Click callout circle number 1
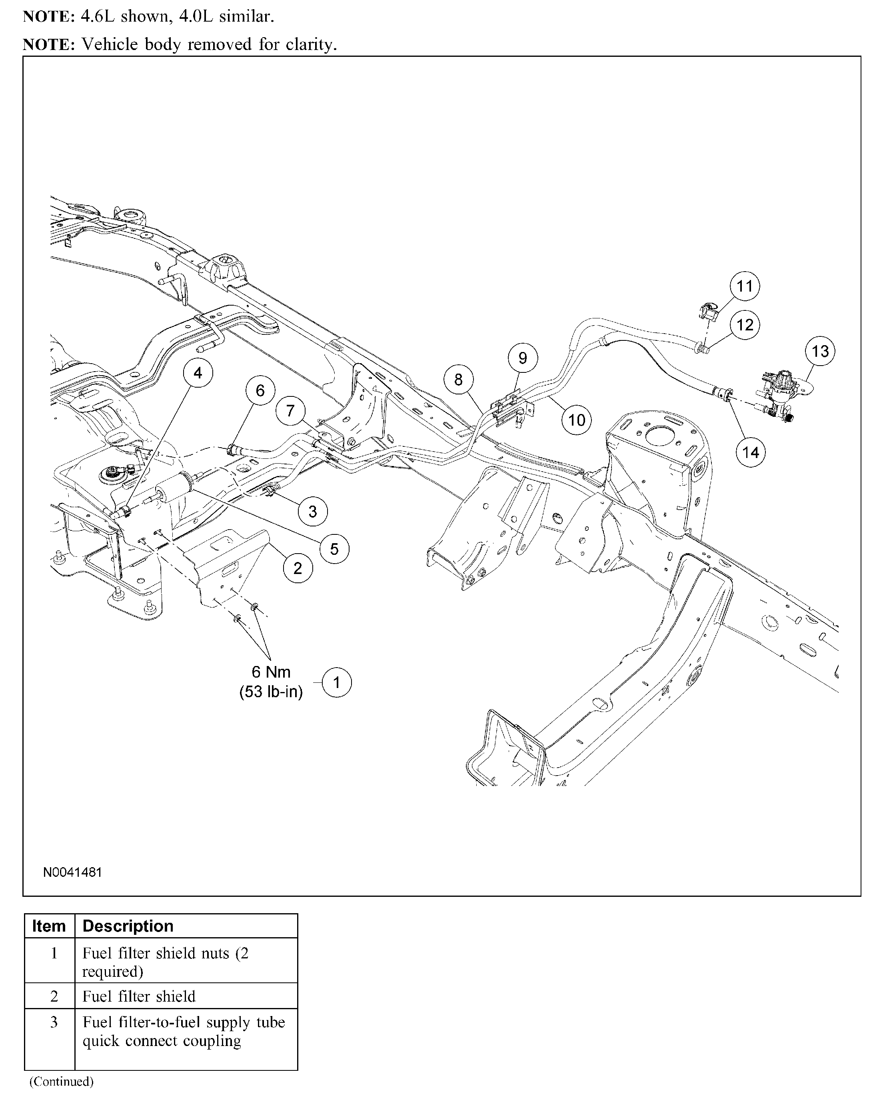coord(336,682)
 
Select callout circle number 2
coord(298,568)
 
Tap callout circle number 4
coord(198,373)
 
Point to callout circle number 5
coord(334,548)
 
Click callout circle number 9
coord(522,358)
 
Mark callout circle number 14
coord(751,452)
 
